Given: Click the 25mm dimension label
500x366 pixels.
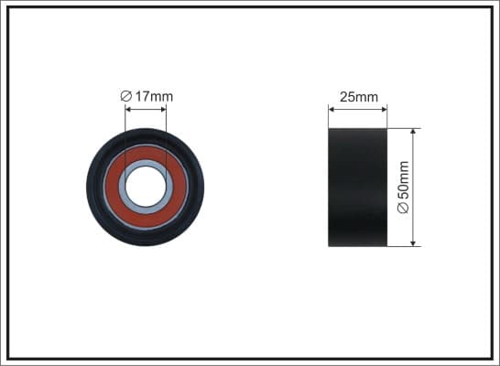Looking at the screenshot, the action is tap(359, 97).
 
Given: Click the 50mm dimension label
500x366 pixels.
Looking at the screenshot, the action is tap(403, 188).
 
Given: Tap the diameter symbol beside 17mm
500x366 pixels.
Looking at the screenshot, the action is tap(126, 96).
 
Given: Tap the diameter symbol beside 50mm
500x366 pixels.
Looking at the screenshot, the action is tap(403, 208).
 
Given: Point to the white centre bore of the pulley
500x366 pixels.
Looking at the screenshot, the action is tap(146, 187).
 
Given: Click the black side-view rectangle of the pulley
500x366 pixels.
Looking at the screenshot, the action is tap(357, 188).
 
